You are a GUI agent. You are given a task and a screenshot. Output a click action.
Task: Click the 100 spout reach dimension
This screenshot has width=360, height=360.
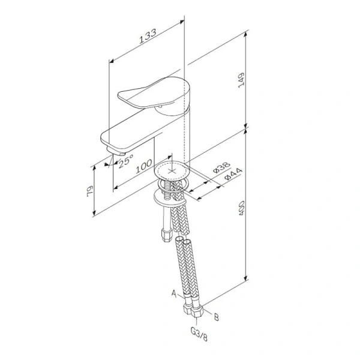click(x=142, y=166)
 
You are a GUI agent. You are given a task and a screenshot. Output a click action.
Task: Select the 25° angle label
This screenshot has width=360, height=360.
click(x=125, y=161)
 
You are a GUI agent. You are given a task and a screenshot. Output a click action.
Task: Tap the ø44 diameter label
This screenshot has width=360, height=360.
click(x=230, y=176)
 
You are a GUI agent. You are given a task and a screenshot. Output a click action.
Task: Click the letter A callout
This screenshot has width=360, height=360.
click(x=174, y=295)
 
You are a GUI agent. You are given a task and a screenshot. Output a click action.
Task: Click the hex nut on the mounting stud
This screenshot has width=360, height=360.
click(x=163, y=230)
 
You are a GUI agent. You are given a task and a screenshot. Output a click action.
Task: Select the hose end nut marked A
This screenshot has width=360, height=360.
click(x=185, y=310)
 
